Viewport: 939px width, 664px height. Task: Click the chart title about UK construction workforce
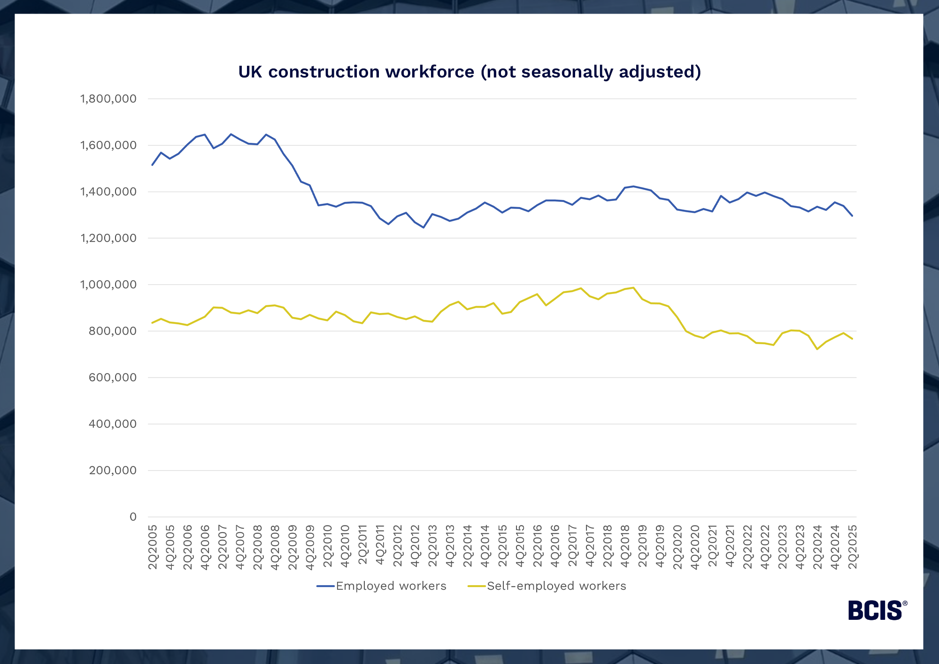tap(469, 72)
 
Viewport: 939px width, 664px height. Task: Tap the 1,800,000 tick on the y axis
tap(108, 99)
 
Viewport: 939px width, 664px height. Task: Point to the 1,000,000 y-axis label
tap(108, 285)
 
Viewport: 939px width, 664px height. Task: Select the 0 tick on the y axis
tap(133, 517)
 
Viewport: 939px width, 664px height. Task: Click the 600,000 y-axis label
tap(113, 378)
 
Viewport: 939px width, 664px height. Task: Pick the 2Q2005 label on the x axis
tap(153, 547)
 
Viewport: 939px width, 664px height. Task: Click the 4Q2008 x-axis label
tap(276, 547)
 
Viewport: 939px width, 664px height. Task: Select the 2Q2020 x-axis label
tap(678, 547)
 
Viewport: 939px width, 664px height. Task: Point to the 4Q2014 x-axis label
tap(485, 547)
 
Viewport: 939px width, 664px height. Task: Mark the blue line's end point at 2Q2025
tap(853, 216)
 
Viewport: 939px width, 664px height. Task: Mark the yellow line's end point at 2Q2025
tap(853, 339)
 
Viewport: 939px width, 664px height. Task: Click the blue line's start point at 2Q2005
tap(152, 165)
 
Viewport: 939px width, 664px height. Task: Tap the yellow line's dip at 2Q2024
tap(817, 349)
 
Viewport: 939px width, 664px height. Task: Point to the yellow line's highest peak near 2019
tap(633, 287)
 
